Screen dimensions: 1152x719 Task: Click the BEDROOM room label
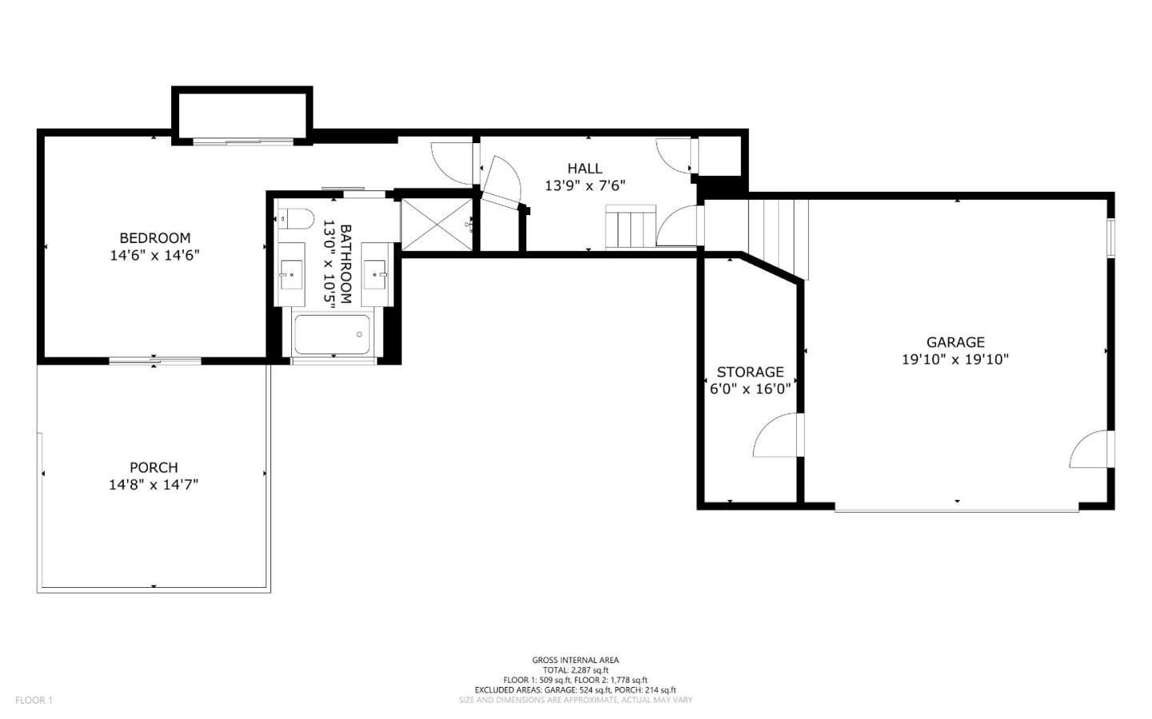click(x=155, y=238)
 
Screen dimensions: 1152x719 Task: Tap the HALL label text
click(x=585, y=168)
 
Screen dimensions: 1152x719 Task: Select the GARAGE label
click(x=955, y=342)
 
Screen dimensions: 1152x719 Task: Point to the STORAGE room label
click(x=750, y=372)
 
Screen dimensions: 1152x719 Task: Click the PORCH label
click(x=154, y=468)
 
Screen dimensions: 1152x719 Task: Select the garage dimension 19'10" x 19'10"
click(x=955, y=359)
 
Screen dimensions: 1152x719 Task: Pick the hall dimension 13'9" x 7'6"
click(x=585, y=186)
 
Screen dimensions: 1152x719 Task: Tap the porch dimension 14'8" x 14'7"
click(x=154, y=485)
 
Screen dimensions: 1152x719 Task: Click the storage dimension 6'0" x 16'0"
click(x=750, y=389)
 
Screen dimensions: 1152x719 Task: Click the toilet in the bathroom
click(x=296, y=218)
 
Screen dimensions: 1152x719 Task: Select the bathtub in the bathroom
click(x=332, y=334)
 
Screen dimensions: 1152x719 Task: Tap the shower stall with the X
click(x=436, y=225)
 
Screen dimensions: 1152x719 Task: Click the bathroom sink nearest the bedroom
click(x=291, y=274)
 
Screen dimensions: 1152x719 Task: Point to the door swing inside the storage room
click(x=775, y=434)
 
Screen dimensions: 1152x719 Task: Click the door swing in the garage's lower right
click(x=1090, y=449)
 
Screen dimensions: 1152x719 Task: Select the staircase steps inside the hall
click(x=630, y=226)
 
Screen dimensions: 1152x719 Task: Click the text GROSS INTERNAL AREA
click(x=575, y=660)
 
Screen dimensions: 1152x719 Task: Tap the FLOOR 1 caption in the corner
click(x=34, y=700)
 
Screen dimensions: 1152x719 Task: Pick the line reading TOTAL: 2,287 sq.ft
click(x=575, y=670)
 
